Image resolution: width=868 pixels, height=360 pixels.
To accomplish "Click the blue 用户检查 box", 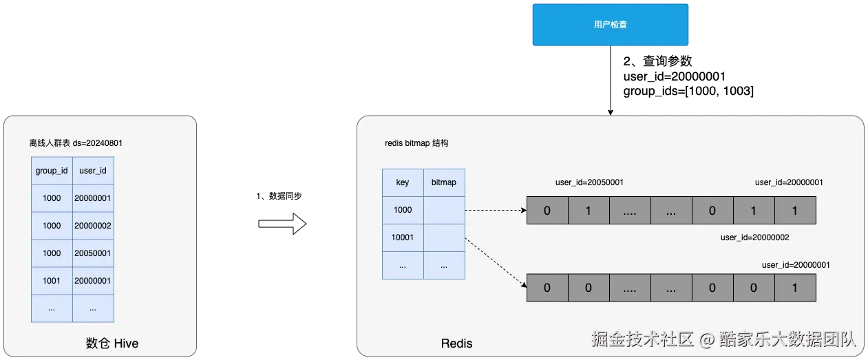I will [x=610, y=25].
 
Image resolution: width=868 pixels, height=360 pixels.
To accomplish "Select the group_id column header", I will [x=52, y=170].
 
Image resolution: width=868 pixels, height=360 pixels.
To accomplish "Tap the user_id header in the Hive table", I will [x=93, y=170].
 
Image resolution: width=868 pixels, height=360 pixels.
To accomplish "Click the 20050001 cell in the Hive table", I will [x=93, y=253].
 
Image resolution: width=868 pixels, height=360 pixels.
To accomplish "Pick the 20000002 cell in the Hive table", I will [x=93, y=226].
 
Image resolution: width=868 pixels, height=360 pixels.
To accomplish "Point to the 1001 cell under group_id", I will [x=52, y=281].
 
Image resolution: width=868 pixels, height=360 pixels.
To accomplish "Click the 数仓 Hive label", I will [x=112, y=343].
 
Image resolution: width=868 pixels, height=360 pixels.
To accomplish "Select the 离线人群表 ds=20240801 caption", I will [x=76, y=143].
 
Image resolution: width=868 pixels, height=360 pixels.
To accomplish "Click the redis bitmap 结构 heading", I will [x=416, y=143].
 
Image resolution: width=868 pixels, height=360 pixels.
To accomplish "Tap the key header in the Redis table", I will [x=403, y=182].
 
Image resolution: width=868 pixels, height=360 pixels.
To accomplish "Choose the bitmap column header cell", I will [x=444, y=182].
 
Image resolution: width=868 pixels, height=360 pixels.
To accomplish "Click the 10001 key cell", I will [x=403, y=237].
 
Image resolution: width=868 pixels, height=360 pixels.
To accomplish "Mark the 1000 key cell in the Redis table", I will [x=403, y=210].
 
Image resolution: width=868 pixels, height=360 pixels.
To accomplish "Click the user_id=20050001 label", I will [x=589, y=182].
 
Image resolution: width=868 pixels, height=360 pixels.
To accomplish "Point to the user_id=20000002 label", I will [x=754, y=237].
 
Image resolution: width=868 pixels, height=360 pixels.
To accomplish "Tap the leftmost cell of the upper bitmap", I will [x=547, y=211].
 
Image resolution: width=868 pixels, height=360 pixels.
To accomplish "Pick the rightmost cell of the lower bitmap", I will [x=795, y=288].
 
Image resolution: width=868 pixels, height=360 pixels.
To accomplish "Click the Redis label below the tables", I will [x=456, y=343].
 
